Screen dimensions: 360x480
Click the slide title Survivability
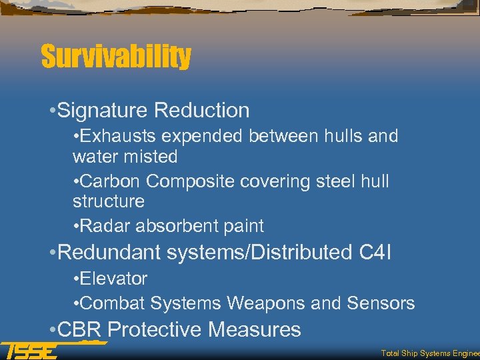116,57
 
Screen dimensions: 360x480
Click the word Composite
189,181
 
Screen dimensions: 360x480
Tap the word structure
108,201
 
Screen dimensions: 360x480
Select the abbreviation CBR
80,330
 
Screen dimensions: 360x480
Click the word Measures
255,330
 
